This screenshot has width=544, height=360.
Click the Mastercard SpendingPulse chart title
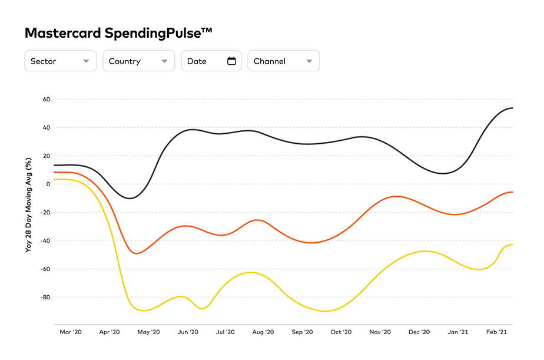pos(118,33)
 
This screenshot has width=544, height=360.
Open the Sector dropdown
pos(59,61)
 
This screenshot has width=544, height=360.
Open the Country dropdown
pos(138,61)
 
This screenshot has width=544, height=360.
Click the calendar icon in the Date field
pos(231,61)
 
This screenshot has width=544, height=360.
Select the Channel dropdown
pos(283,61)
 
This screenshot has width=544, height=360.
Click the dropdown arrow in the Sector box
pos(86,61)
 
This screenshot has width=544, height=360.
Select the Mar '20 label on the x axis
pos(71,332)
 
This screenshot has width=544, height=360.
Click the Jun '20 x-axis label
pos(187,332)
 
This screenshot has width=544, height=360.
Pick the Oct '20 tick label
pos(341,332)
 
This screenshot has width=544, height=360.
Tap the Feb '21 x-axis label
pos(496,332)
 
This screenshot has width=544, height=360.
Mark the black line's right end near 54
pos(512,108)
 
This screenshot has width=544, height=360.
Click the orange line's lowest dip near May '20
pos(137,253)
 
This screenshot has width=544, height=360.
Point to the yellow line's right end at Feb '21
pos(512,244)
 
